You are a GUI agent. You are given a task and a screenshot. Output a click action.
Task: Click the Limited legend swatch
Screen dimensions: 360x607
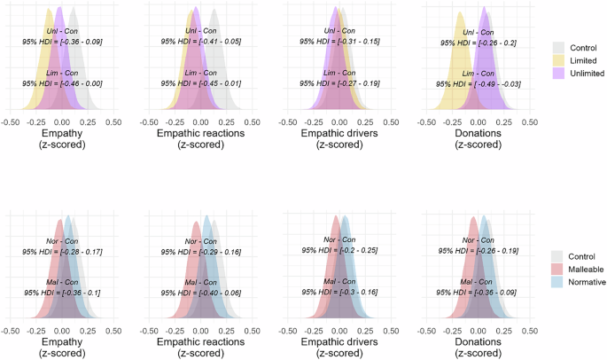point(558,59)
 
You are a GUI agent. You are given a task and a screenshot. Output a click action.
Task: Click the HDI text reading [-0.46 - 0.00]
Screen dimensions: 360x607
point(62,83)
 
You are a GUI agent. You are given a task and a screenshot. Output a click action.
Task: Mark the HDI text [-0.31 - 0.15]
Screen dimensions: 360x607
point(339,41)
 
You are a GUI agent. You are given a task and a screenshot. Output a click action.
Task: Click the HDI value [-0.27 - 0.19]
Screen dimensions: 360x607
point(339,83)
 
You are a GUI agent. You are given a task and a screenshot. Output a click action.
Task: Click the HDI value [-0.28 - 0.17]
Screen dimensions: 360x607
point(62,252)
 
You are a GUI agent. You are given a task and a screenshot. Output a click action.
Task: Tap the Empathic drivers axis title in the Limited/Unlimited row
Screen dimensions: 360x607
point(339,133)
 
